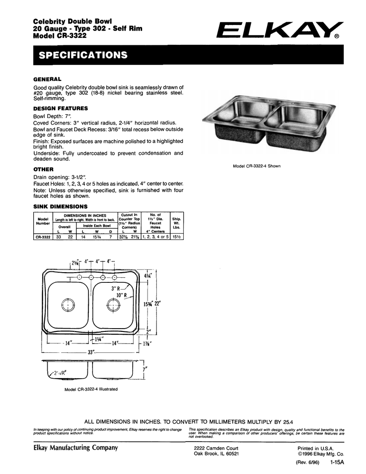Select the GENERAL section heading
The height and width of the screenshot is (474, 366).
click(47, 79)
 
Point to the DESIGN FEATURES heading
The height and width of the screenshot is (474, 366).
click(61, 108)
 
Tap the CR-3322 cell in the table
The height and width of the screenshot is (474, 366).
click(43, 237)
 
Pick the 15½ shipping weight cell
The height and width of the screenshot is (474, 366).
click(176, 237)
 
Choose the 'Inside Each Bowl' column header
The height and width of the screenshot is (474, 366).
click(97, 225)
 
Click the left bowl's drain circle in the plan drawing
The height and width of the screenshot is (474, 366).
click(68, 305)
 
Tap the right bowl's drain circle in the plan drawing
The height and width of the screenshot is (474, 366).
click(112, 305)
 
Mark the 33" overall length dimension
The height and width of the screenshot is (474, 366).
click(92, 353)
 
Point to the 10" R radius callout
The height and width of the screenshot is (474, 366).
click(122, 295)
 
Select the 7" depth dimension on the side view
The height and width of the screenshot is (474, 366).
click(145, 369)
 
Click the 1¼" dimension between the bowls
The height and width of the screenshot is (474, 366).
click(98, 340)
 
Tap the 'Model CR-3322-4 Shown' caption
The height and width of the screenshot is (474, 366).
click(257, 166)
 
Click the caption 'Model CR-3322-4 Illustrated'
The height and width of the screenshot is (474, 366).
click(91, 389)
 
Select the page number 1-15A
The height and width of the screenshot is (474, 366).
click(338, 462)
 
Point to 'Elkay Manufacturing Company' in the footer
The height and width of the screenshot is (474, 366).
click(76, 448)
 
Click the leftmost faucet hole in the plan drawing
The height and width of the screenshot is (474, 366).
click(80, 277)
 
